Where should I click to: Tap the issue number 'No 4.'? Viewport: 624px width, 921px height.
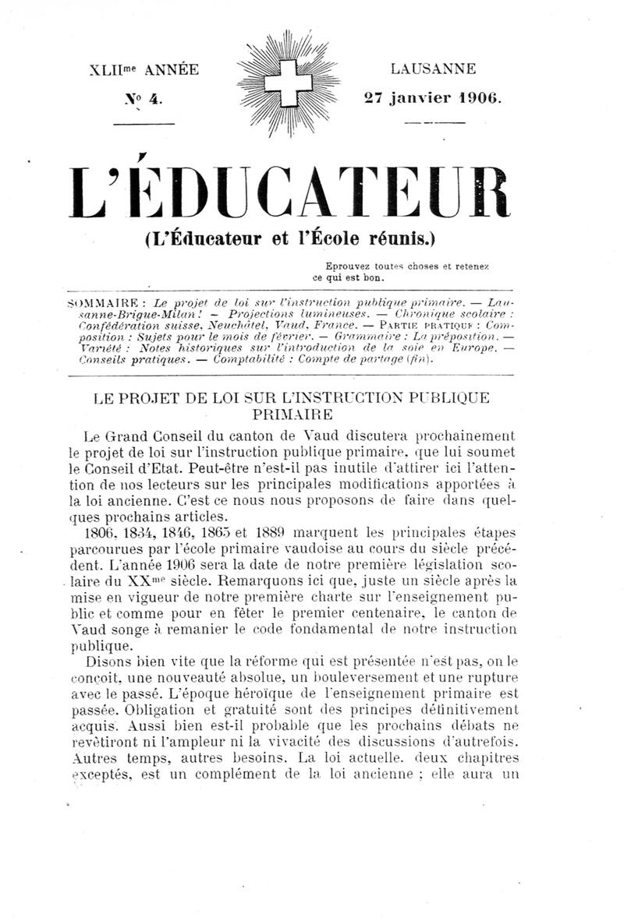144,99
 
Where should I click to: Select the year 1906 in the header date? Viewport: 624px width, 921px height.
480,98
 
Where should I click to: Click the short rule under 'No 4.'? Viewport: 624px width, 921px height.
144,123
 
